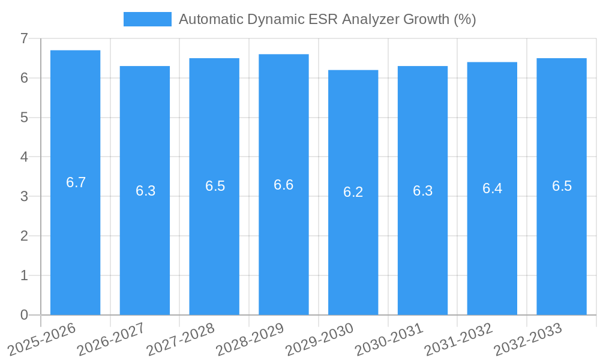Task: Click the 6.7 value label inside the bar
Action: point(76,182)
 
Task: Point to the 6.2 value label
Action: point(353,192)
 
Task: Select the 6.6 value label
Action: point(284,185)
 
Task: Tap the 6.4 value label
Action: point(493,188)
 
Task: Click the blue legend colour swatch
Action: point(147,19)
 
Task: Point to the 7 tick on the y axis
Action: point(25,38)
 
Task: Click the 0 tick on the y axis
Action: point(25,315)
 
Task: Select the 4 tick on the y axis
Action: point(25,157)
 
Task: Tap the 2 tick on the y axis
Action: point(25,236)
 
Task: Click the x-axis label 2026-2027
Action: point(111,340)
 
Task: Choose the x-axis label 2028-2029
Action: point(250,340)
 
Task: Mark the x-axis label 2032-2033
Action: point(528,340)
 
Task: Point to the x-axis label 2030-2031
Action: point(389,340)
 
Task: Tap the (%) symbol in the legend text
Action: point(464,19)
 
